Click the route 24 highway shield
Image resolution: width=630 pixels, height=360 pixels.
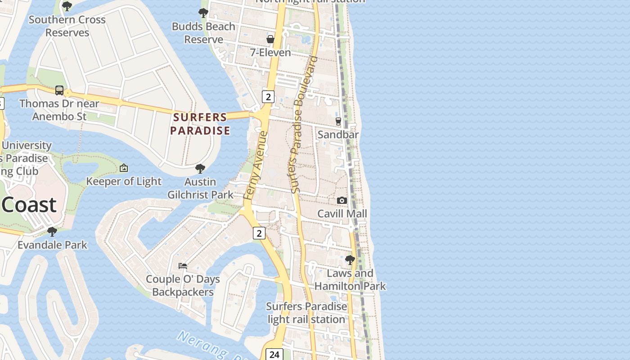coord(274,354)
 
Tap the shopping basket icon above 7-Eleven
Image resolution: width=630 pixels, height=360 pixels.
coord(270,39)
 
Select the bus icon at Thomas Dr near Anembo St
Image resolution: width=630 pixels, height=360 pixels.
coord(59,90)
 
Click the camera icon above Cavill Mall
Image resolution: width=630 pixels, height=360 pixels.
coord(342,200)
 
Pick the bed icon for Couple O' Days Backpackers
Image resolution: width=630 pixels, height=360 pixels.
coord(183,265)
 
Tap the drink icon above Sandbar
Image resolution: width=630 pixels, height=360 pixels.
coord(338,121)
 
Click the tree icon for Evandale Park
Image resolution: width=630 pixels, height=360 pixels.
coord(52,232)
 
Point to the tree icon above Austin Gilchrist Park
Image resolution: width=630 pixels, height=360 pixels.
coord(200,169)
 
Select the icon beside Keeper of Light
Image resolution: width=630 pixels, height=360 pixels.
coord(124,168)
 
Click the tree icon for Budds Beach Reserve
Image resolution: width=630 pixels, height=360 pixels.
coord(203,13)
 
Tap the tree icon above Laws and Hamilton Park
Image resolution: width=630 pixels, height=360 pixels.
coord(350,260)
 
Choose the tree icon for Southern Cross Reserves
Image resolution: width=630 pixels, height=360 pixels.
coord(67,6)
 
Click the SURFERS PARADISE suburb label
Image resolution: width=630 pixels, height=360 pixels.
coord(200,124)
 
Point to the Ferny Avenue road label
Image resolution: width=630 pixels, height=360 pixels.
coord(255,166)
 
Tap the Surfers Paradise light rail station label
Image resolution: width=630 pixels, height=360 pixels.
coord(306,313)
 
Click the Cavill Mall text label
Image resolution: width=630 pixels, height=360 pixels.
coord(342,214)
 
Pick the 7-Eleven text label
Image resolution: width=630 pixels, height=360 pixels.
coord(270,53)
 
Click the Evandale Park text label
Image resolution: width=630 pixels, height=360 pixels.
coord(52,245)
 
